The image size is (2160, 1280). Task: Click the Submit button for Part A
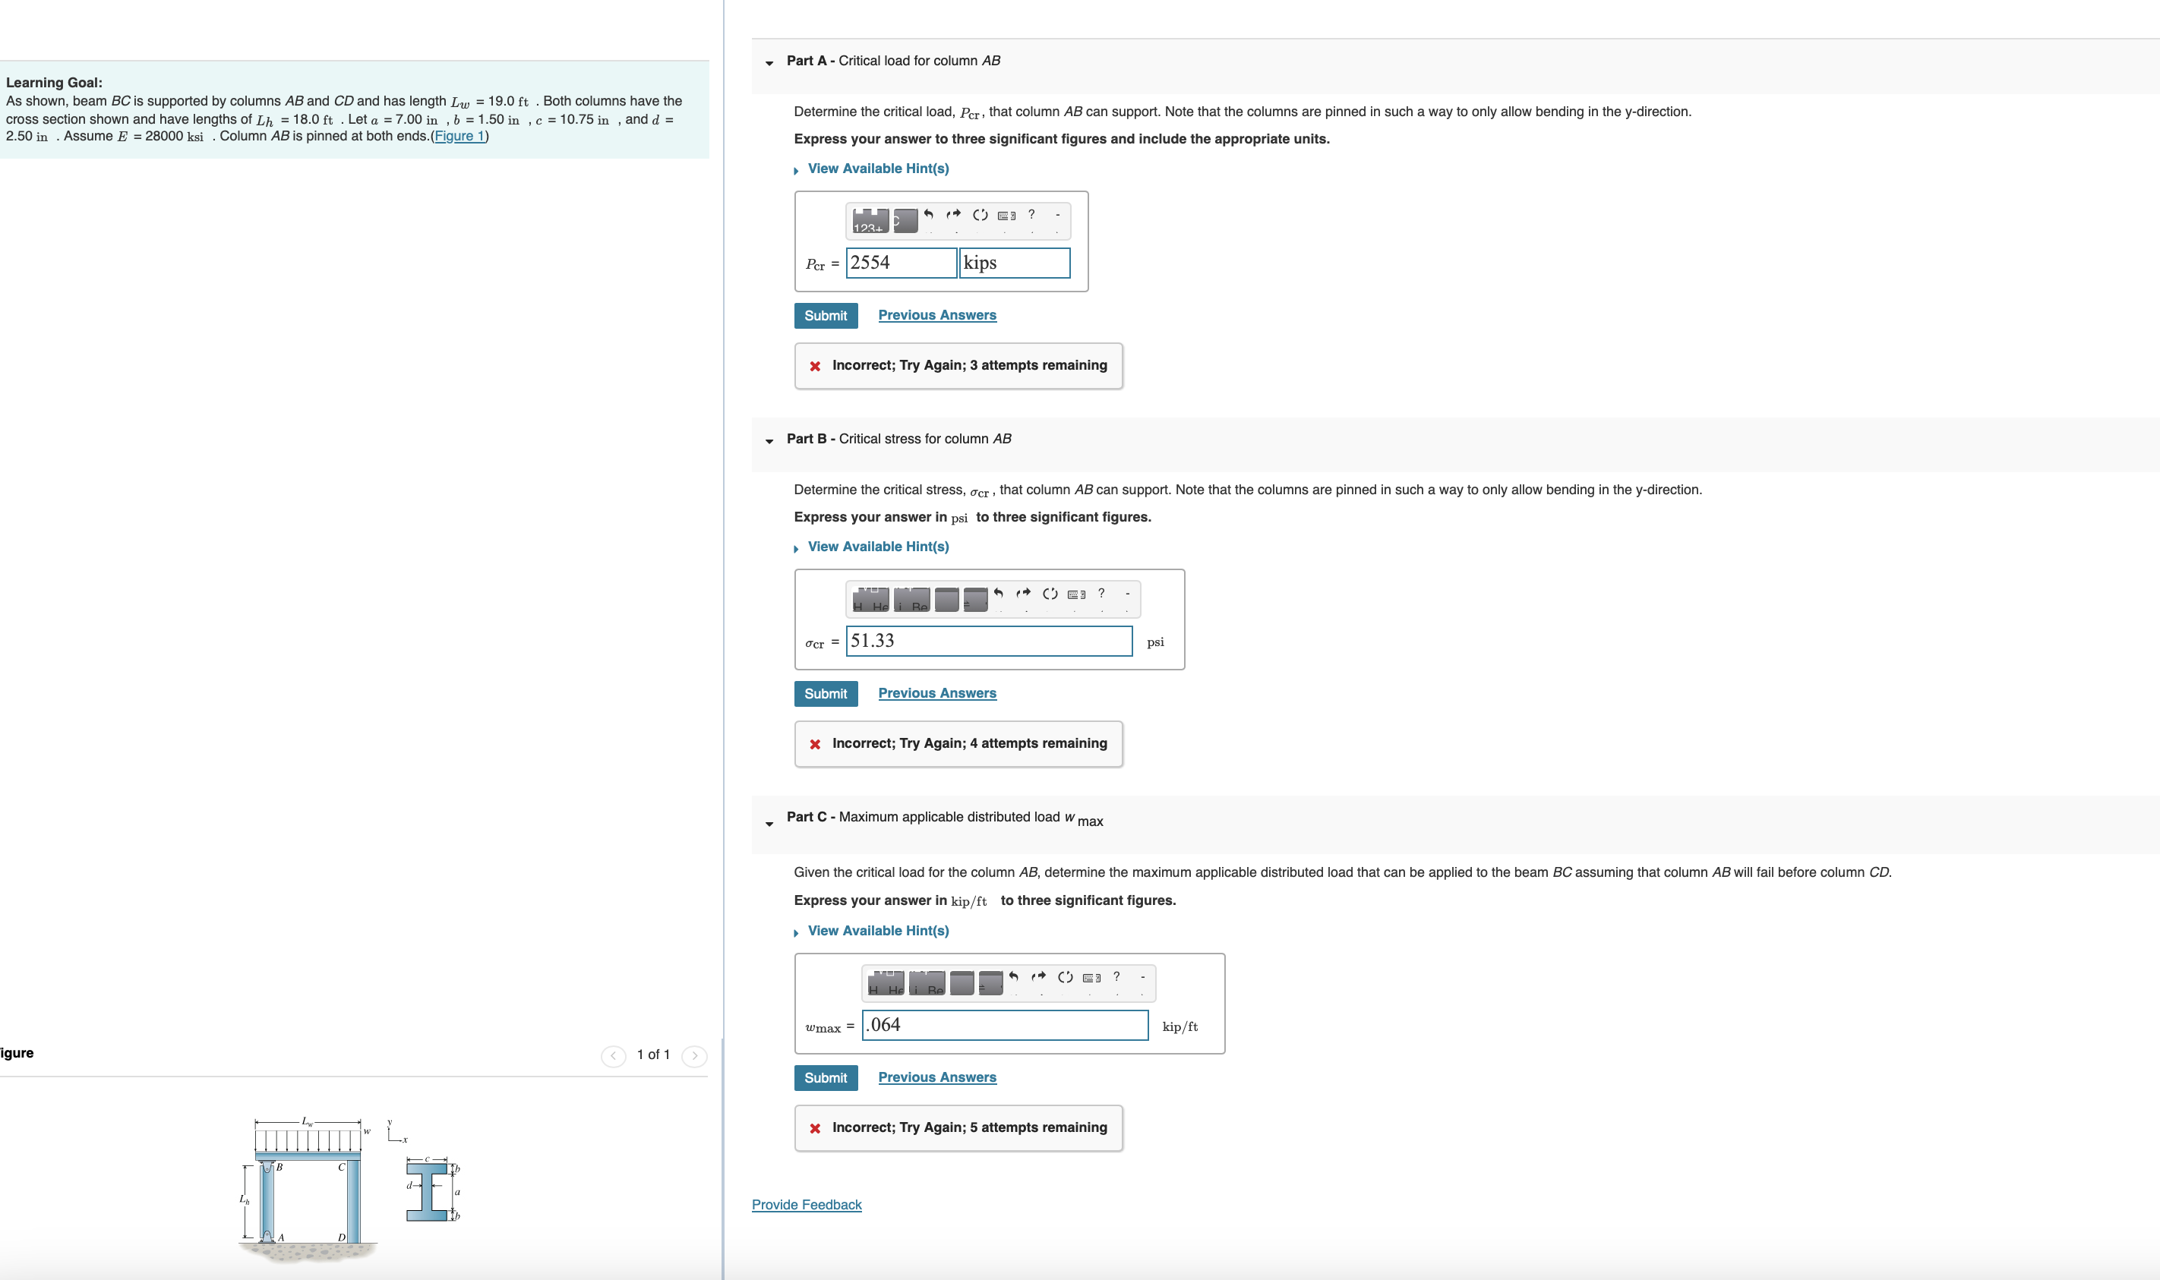pyautogui.click(x=826, y=316)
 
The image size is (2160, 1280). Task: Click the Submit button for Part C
pyautogui.click(x=826, y=1077)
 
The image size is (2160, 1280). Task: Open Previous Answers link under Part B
pyautogui.click(x=936, y=693)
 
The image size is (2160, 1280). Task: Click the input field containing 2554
pyautogui.click(x=901, y=263)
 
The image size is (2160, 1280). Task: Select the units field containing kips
pyautogui.click(x=1015, y=263)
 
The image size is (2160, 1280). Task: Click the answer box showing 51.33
pyautogui.click(x=989, y=641)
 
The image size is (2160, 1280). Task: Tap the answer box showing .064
pyautogui.click(x=1004, y=1025)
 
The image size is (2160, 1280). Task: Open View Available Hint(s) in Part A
pyautogui.click(x=877, y=169)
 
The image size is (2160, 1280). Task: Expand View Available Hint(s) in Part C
pyautogui.click(x=877, y=931)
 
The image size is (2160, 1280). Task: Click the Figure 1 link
pyautogui.click(x=459, y=137)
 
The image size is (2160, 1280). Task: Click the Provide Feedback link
pyautogui.click(x=807, y=1205)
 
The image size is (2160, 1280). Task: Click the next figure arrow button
pyautogui.click(x=694, y=1056)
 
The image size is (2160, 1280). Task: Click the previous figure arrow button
pyautogui.click(x=614, y=1056)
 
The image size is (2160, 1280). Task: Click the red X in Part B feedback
pyautogui.click(x=815, y=744)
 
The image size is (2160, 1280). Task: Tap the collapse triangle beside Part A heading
pyautogui.click(x=769, y=63)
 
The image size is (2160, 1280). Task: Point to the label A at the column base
pyautogui.click(x=281, y=1237)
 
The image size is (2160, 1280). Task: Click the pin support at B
pyautogui.click(x=267, y=1168)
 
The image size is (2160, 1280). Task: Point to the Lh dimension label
pyautogui.click(x=244, y=1200)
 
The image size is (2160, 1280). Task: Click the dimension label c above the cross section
pyautogui.click(x=427, y=1159)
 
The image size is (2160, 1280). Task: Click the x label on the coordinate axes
pyautogui.click(x=406, y=1140)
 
